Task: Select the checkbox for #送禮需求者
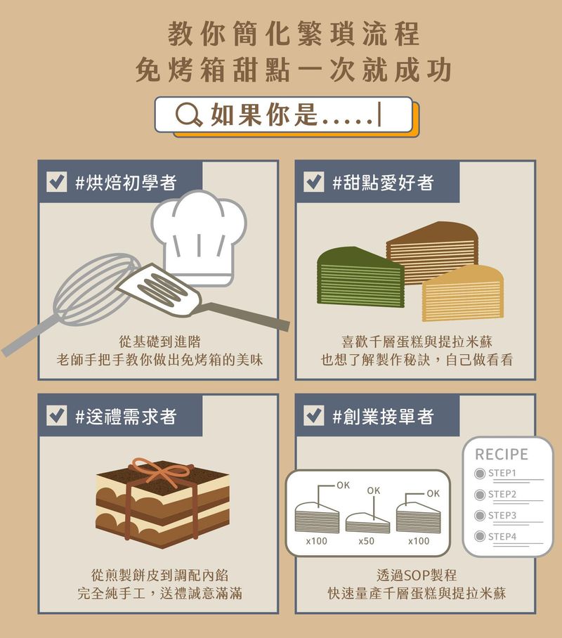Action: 56,416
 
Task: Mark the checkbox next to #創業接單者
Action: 313,416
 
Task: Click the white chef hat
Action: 200,235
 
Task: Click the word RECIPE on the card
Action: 502,455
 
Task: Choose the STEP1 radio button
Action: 481,474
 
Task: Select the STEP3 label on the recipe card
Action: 502,516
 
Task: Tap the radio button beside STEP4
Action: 481,537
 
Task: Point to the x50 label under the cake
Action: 366,541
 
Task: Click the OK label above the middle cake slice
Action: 373,490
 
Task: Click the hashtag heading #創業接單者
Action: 383,416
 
